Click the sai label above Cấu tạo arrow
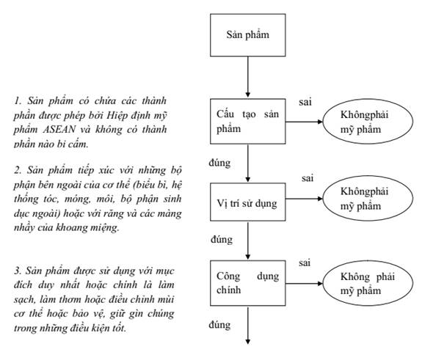305,102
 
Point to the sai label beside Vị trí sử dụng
308,178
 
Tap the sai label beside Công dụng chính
305,262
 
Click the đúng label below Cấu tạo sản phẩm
219,163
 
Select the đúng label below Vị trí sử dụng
222,239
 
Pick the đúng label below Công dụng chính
219,325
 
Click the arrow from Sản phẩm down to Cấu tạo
248,77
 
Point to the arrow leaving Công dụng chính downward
248,326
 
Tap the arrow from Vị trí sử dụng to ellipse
304,199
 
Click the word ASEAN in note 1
59,130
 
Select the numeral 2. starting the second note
18,170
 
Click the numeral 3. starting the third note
18,271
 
